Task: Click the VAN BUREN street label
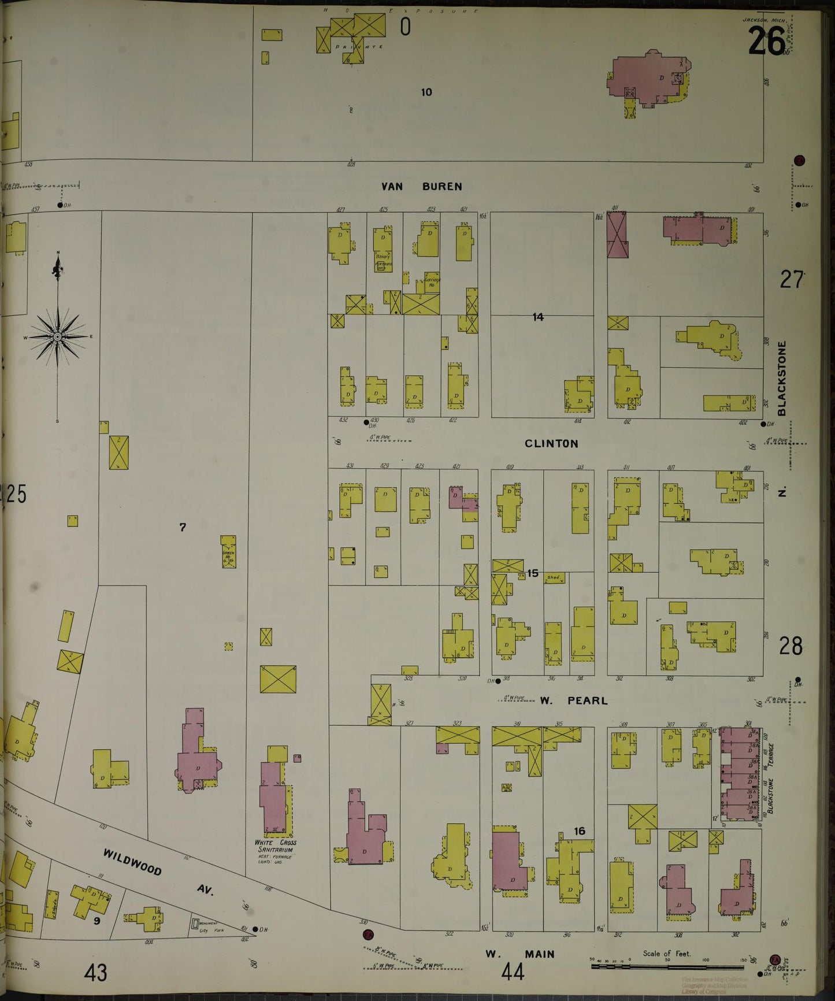point(421,187)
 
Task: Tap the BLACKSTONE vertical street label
point(782,379)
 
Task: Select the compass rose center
point(58,336)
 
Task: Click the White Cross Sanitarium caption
point(276,846)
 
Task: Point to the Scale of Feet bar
point(667,966)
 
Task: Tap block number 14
point(538,317)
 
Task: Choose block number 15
point(532,573)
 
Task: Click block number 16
point(579,831)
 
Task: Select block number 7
point(182,527)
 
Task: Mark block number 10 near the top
point(426,92)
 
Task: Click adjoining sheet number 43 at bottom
point(95,973)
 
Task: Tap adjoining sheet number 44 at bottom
point(513,973)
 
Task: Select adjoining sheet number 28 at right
point(790,646)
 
